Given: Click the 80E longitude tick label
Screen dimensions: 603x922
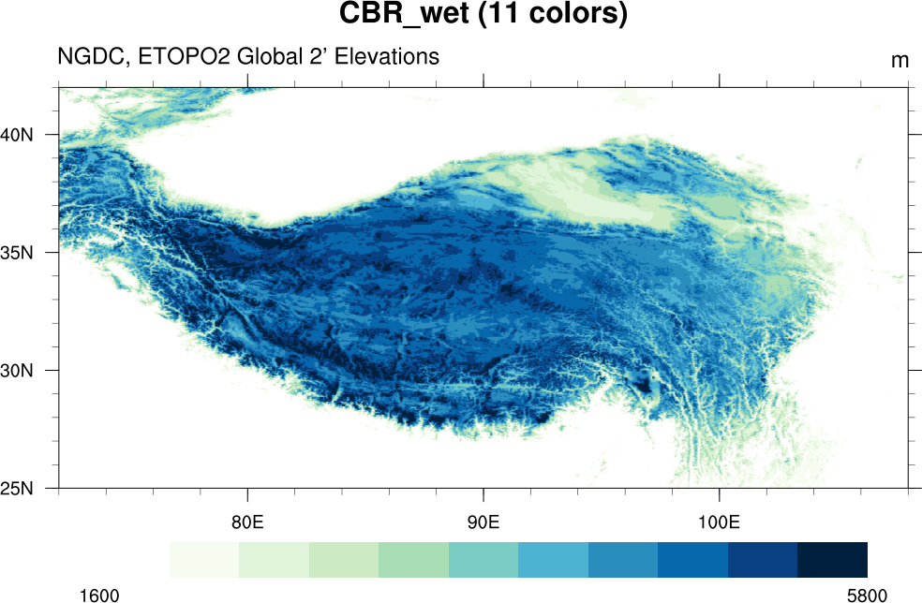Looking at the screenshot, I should pos(247,522).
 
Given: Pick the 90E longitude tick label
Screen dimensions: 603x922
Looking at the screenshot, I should pos(483,522).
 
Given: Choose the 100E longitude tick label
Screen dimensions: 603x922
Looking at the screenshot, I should pos(719,522).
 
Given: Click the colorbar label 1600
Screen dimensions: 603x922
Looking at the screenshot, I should pos(98,595).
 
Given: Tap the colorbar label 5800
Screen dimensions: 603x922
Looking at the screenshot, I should pos(867,595).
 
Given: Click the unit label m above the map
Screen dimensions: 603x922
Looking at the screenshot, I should pos(900,61).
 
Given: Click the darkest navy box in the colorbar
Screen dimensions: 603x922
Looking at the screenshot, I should pos(832,559).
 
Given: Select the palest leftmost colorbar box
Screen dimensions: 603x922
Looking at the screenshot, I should pos(204,559).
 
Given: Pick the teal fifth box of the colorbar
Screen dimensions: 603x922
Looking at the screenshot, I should pos(483,559).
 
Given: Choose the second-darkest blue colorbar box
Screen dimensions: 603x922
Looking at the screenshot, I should pos(763,559).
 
